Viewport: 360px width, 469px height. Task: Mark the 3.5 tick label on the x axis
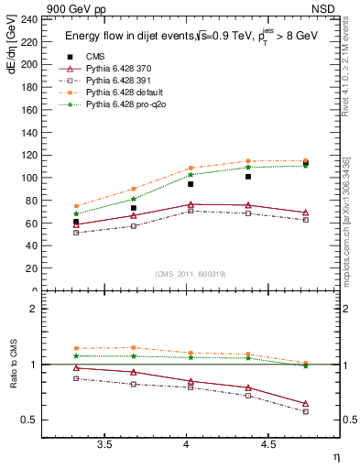pyautogui.click(x=104, y=444)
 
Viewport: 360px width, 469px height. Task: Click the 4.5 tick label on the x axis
pyautogui.click(x=267, y=444)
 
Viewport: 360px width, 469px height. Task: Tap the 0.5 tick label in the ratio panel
pyautogui.click(x=29, y=420)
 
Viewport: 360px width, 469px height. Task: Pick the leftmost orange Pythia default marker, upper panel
pyautogui.click(x=76, y=206)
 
